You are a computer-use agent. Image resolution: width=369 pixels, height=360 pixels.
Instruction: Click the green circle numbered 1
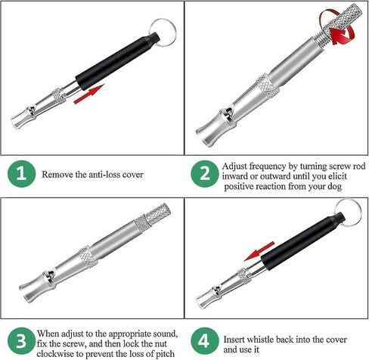tap(21, 174)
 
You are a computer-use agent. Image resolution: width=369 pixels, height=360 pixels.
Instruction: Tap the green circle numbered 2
tap(204, 174)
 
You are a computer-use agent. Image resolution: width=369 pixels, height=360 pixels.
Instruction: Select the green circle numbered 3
tap(21, 340)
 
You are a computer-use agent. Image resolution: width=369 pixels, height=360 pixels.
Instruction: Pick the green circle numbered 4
tap(204, 340)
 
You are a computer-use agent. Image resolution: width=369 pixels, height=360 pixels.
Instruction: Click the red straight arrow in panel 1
tap(89, 94)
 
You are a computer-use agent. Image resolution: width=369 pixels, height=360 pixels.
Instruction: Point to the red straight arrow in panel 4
tap(259, 251)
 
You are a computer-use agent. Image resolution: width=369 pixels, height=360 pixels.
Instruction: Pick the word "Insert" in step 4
tap(234, 340)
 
